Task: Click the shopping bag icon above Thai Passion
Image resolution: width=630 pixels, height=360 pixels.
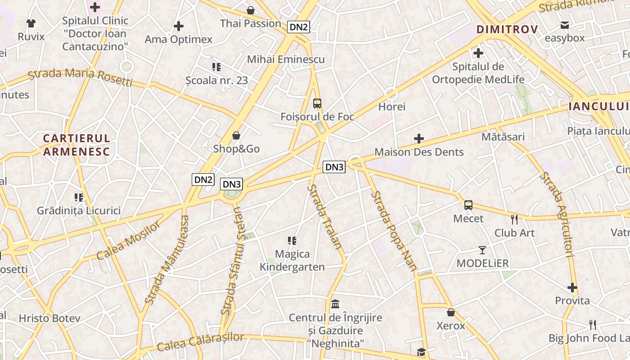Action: pos(250,10)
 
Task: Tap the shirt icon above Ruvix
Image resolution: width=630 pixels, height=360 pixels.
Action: pos(31,23)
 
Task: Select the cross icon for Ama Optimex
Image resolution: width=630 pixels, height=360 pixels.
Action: pos(179,26)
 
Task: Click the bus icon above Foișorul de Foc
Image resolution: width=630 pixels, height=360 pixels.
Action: pos(317,103)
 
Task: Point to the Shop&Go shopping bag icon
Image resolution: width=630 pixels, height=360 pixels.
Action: pos(236,135)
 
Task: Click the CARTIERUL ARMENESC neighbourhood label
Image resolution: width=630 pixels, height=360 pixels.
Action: pos(76,145)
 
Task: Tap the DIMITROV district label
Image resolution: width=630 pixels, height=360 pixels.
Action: pos(507,30)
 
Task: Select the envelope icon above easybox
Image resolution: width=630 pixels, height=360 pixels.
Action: pos(564,25)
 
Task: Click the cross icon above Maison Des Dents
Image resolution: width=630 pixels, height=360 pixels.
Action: pos(419,139)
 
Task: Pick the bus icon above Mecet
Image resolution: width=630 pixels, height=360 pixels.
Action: pos(468,205)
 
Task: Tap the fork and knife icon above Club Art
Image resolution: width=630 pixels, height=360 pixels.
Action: pos(514,220)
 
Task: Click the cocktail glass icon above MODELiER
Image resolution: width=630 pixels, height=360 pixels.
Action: pos(482,250)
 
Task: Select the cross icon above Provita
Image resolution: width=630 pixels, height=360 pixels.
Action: pos(572,288)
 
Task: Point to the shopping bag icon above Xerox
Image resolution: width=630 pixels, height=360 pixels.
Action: pos(451,312)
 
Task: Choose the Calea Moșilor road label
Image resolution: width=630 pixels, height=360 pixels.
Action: pos(128,241)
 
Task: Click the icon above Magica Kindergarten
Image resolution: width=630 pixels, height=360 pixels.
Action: pos(292,241)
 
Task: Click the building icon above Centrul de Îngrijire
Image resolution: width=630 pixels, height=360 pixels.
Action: pos(335,304)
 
